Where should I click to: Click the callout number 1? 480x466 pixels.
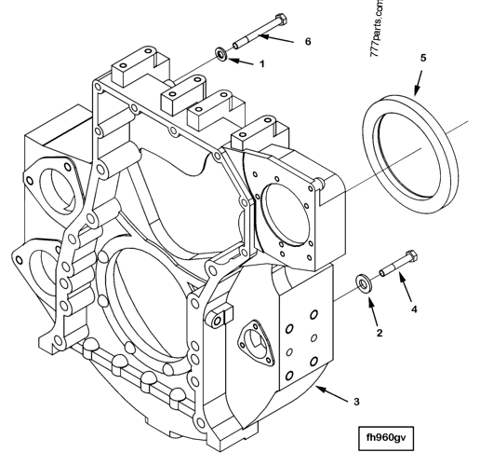coord(261,64)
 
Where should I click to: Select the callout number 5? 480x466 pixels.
coord(422,58)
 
